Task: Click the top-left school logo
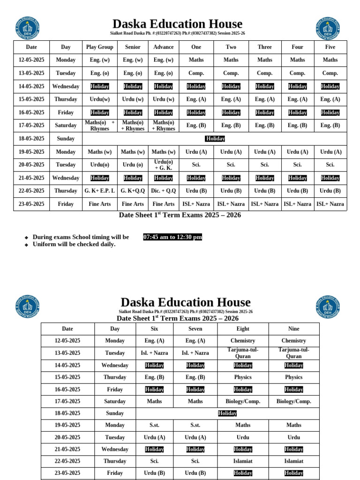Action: click(x=27, y=29)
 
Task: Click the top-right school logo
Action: click(x=328, y=29)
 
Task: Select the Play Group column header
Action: click(x=100, y=47)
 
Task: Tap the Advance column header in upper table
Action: click(x=163, y=47)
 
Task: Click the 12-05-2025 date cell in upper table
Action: click(x=31, y=60)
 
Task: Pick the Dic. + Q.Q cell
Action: click(x=163, y=191)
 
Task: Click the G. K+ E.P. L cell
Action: click(x=100, y=191)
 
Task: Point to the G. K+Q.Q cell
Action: click(x=133, y=191)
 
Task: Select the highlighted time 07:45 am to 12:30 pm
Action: click(x=172, y=237)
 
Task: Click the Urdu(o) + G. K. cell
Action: click(x=163, y=165)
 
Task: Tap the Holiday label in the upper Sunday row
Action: click(x=215, y=139)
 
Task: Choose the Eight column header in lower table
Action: click(x=243, y=329)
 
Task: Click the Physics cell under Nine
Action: click(x=294, y=377)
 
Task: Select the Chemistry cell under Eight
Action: click(x=243, y=341)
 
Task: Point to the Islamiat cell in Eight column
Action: click(x=243, y=461)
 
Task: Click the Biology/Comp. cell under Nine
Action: click(x=294, y=401)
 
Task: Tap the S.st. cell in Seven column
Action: click(x=195, y=425)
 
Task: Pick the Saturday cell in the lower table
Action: click(x=115, y=401)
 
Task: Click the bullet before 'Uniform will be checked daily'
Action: click(x=27, y=245)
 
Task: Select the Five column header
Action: click(x=330, y=47)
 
